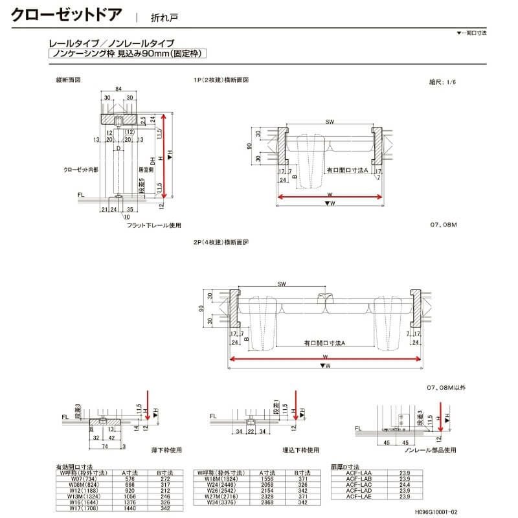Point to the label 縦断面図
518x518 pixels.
pyautogui.click(x=69, y=80)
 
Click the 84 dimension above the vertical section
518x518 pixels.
pyautogui.click(x=118, y=89)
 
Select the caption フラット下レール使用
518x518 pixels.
pyautogui.click(x=153, y=225)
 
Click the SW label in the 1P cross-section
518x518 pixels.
pyautogui.click(x=330, y=122)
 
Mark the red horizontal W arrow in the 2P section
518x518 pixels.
pyautogui.click(x=324, y=358)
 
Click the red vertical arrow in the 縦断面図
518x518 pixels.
pyautogui.click(x=166, y=155)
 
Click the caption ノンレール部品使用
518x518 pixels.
pyautogui.click(x=430, y=449)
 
